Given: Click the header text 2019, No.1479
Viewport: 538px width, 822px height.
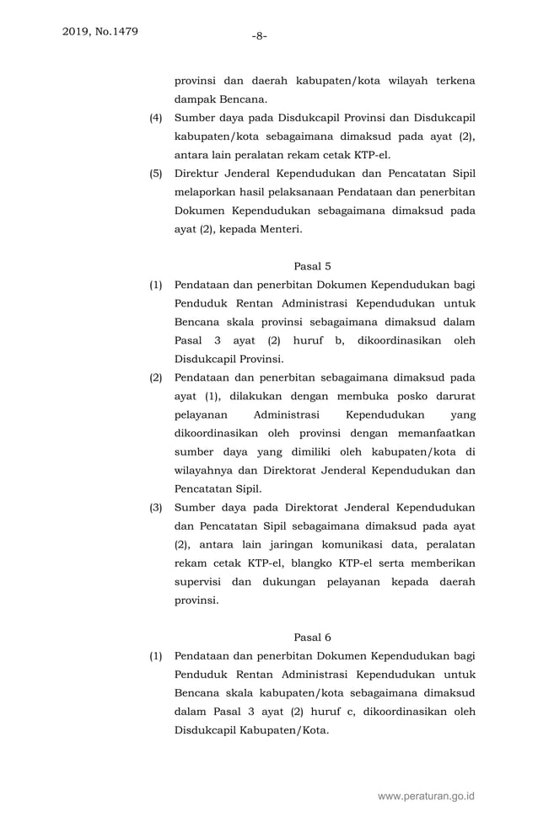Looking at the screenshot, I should pyautogui.click(x=100, y=33).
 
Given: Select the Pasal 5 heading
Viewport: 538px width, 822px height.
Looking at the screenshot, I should pyautogui.click(x=312, y=266).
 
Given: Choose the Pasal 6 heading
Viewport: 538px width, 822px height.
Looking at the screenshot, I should pyautogui.click(x=312, y=637).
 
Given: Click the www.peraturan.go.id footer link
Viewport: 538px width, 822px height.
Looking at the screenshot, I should pyautogui.click(x=427, y=795).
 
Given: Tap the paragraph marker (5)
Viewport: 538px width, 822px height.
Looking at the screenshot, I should pyautogui.click(x=156, y=173).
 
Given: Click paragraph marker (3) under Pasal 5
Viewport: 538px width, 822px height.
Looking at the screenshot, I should pyautogui.click(x=156, y=507).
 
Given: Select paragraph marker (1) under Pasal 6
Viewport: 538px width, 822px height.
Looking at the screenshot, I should pyautogui.click(x=156, y=655).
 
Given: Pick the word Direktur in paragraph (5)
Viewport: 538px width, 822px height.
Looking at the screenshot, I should pyautogui.click(x=198, y=173).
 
